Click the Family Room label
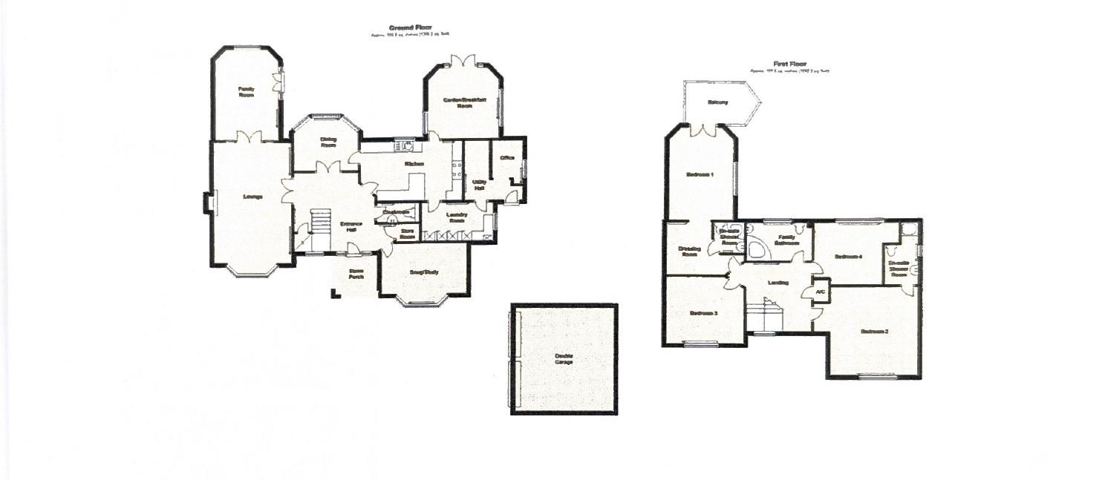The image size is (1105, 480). tap(246, 92)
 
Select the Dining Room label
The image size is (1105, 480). tap(328, 142)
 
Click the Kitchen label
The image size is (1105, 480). tap(414, 164)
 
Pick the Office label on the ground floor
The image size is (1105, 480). tap(507, 158)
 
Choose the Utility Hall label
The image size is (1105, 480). tap(479, 185)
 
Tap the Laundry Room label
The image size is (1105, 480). tap(456, 217)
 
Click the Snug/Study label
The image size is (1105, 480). tap(424, 272)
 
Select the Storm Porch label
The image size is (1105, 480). tap(356, 274)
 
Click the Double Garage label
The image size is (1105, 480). tap(564, 359)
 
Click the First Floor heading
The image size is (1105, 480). tap(789, 65)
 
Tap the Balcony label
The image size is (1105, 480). tap(717, 102)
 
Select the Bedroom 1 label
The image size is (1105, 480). tap(700, 175)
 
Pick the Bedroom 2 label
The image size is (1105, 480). tap(875, 331)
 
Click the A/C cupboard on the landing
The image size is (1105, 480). tap(821, 292)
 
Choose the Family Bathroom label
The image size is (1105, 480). tap(787, 240)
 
